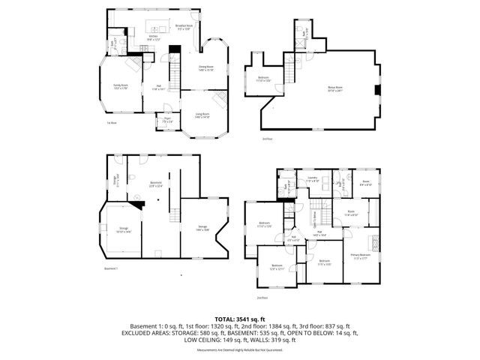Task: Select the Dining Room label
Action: pyautogui.click(x=205, y=68)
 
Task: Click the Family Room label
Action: pyautogui.click(x=121, y=86)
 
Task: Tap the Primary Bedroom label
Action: pyautogui.click(x=361, y=256)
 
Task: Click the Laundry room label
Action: pyautogui.click(x=313, y=180)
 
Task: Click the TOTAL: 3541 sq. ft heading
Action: pyautogui.click(x=239, y=319)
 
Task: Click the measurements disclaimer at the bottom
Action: pyautogui.click(x=239, y=350)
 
